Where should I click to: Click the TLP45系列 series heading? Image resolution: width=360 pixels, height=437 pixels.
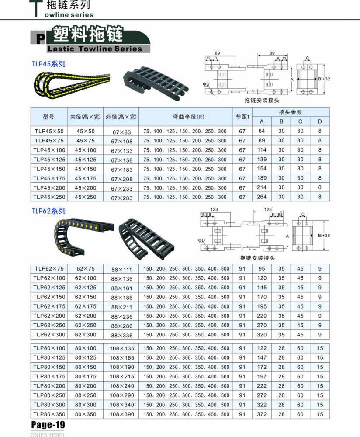click(x=48, y=64)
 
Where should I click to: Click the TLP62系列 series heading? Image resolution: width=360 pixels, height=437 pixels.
click(x=48, y=210)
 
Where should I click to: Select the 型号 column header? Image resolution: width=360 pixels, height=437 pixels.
click(x=48, y=117)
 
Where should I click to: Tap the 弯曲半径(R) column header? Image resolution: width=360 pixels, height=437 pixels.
click(x=185, y=117)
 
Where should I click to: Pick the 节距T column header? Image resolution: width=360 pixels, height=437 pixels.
click(x=242, y=117)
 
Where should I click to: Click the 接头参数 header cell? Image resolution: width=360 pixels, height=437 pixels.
click(x=291, y=112)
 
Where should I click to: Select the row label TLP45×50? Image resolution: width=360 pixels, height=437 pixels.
click(x=48, y=131)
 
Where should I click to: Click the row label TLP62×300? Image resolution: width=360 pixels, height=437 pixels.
click(x=49, y=335)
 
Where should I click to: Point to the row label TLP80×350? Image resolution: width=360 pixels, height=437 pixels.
click(x=49, y=414)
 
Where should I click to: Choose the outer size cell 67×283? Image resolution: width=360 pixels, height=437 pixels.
click(x=121, y=198)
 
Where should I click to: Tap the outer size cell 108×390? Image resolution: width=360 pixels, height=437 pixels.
click(x=121, y=414)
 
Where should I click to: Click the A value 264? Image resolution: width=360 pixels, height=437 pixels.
click(x=262, y=197)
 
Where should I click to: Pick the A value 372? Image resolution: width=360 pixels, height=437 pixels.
click(x=262, y=414)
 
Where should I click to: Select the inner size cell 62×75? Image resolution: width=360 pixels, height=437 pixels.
click(x=85, y=269)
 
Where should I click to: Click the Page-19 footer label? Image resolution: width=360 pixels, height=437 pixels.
click(x=48, y=424)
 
